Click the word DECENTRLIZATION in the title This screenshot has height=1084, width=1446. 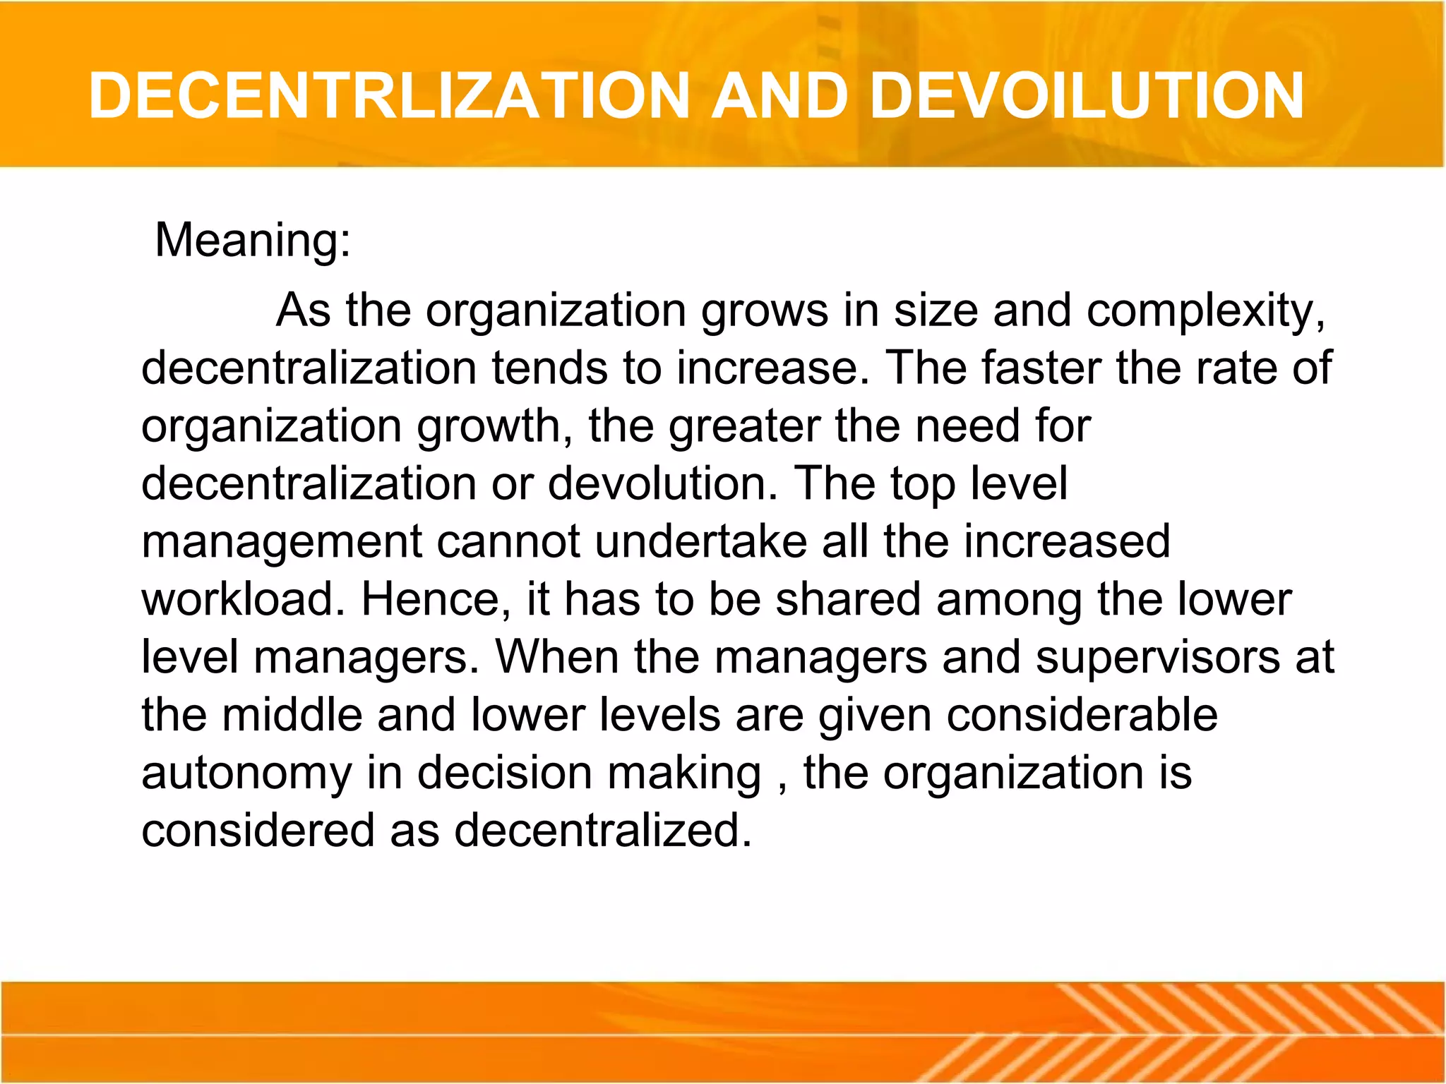[x=389, y=96]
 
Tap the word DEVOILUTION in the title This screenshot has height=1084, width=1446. [x=1087, y=96]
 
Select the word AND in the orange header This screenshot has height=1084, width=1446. [x=779, y=96]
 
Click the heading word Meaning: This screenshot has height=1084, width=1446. [x=253, y=240]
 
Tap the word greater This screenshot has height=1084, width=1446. [x=744, y=426]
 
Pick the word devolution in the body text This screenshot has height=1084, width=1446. [x=662, y=483]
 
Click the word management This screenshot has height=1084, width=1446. [x=281, y=542]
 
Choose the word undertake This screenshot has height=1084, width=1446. [x=701, y=541]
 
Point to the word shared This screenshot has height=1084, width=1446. [x=848, y=599]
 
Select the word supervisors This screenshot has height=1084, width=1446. [x=1157, y=657]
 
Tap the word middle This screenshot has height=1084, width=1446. [x=292, y=714]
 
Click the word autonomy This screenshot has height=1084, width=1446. [x=246, y=773]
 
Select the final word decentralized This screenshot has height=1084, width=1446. [x=603, y=830]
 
